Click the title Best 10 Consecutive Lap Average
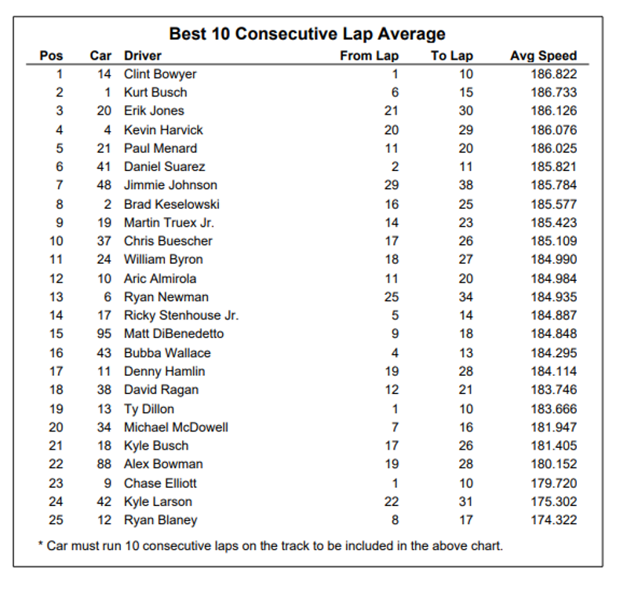(x=307, y=34)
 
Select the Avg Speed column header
(x=543, y=56)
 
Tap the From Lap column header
(x=369, y=56)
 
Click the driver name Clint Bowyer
(x=160, y=74)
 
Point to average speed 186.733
(x=553, y=93)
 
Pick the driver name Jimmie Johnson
(x=170, y=185)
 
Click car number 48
(x=104, y=185)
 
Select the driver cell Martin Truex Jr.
(x=169, y=223)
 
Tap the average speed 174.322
(x=553, y=520)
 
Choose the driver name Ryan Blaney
(x=160, y=520)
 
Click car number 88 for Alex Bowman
(x=104, y=464)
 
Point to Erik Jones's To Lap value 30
(x=465, y=111)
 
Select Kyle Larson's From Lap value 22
(x=391, y=501)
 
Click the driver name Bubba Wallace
(x=167, y=353)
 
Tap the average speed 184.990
(x=553, y=260)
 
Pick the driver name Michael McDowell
(x=176, y=428)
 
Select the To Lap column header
(x=452, y=56)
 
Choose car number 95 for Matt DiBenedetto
(x=104, y=333)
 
